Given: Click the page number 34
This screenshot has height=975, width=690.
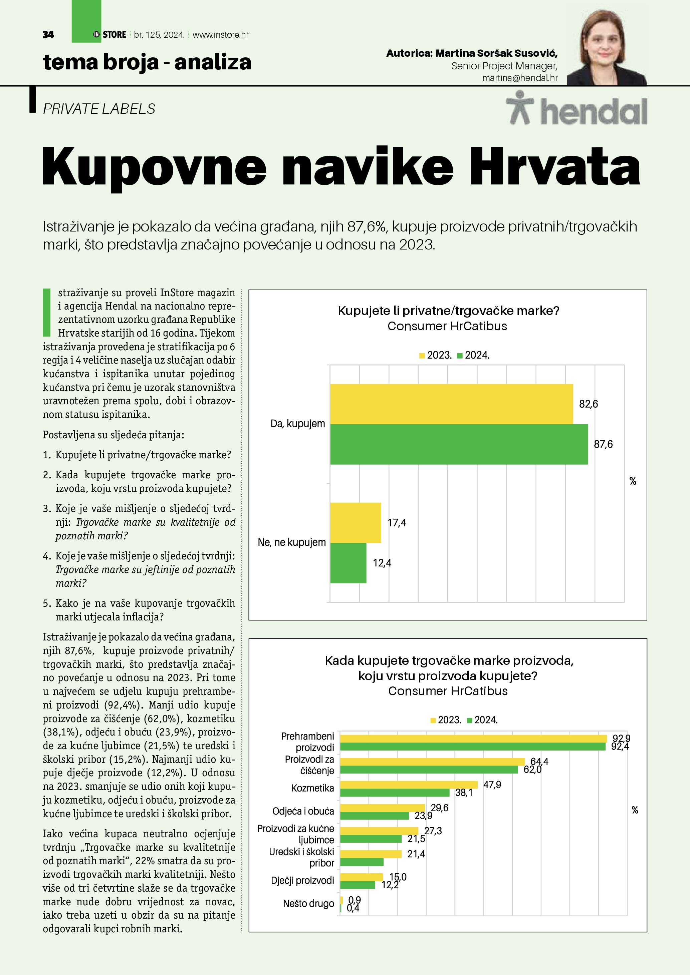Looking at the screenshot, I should pos(48,35).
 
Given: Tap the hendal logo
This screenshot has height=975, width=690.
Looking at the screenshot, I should pos(577,109).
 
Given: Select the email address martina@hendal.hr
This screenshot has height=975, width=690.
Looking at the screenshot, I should pos(520,78).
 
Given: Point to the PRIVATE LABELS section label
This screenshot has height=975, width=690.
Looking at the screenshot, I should pos(99,109).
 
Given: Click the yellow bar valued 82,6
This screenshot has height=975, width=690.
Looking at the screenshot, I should pos(451,404).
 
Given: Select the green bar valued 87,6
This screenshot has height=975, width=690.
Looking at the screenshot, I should pos(459,444).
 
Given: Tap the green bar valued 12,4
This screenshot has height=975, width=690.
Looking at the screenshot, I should pos(348,563).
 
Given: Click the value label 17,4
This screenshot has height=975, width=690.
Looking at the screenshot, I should pos(397,523).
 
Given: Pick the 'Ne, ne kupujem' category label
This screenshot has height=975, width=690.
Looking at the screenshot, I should pos(291,543).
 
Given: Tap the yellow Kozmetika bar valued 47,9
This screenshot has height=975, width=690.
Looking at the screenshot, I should pos(409,785).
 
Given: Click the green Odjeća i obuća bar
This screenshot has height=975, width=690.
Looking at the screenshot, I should pos(374,816).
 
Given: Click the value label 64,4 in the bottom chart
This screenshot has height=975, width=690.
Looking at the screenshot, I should pos(539,762).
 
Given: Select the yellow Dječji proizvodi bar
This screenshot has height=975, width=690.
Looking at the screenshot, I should pos(362,877).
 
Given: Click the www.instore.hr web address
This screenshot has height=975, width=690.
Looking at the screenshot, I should pos(221,35).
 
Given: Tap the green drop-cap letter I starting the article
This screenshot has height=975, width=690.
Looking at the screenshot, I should pos(47,312).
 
